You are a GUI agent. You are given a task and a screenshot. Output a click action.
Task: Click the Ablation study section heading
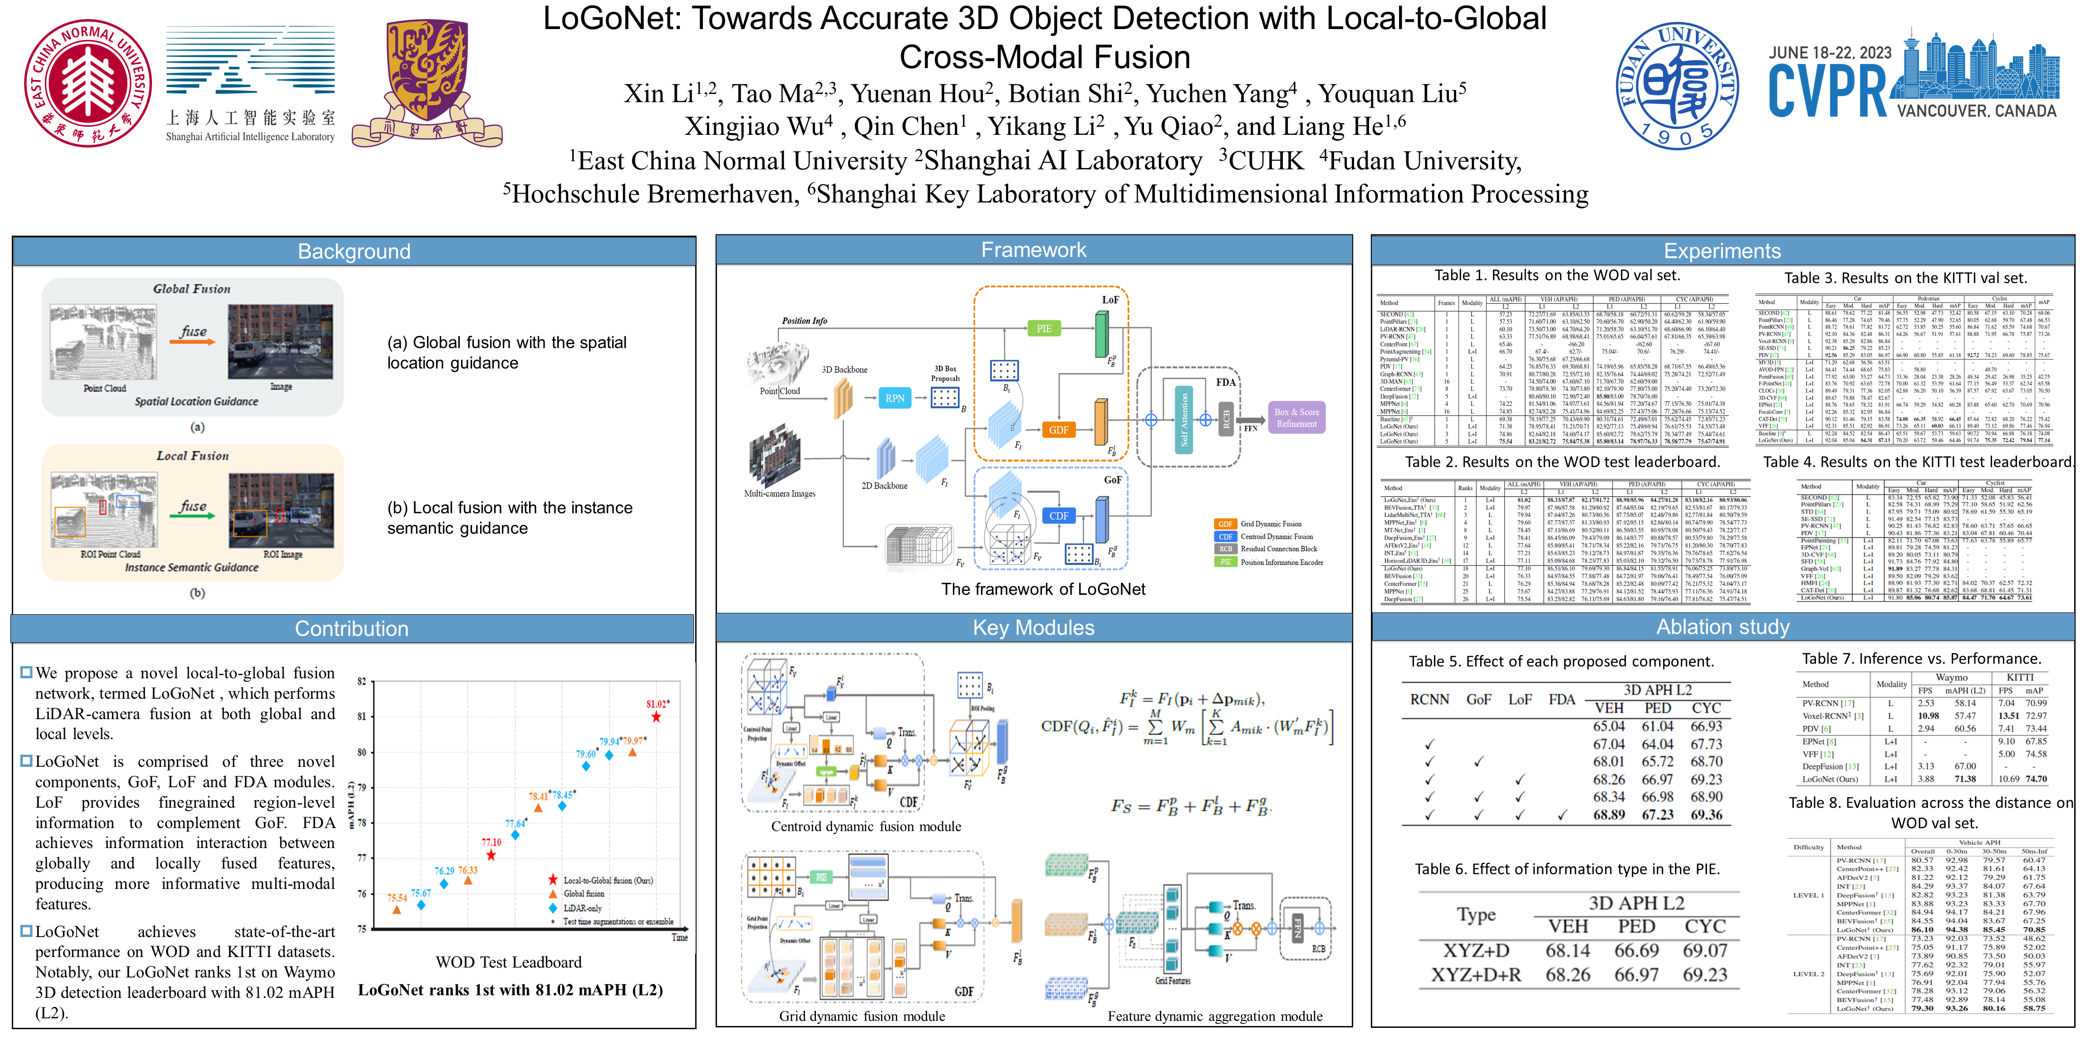1723,627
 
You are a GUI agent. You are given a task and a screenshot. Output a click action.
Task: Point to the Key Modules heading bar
1033,628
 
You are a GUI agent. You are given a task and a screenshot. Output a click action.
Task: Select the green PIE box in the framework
1044,328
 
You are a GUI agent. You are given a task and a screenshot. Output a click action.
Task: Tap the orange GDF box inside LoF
1059,429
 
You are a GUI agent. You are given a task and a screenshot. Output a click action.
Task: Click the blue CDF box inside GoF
1059,516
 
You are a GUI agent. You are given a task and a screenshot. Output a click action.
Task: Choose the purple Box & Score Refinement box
1296,417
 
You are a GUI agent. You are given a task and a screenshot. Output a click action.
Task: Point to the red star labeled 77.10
491,855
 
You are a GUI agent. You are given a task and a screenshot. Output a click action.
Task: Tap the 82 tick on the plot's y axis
362,681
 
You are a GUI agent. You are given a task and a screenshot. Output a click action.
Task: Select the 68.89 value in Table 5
1608,814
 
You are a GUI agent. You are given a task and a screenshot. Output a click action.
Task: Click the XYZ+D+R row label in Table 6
1476,975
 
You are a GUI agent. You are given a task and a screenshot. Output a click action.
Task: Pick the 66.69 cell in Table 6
1636,950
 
